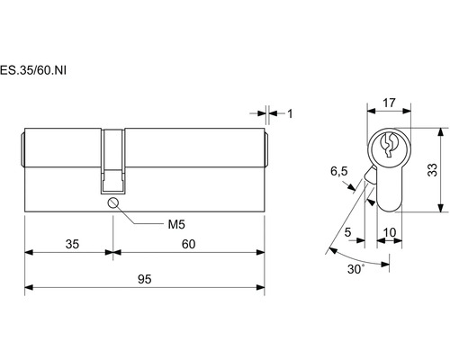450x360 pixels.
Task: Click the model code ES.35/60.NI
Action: point(33,70)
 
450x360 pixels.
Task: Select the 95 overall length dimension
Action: point(145,279)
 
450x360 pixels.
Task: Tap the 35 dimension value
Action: point(72,244)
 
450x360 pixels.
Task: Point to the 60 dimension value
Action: point(189,244)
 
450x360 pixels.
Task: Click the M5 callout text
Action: point(176,224)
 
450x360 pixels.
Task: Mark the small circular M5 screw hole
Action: point(113,203)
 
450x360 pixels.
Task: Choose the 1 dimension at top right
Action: point(290,113)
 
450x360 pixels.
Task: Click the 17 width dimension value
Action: point(389,103)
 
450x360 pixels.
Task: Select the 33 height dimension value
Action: point(432,170)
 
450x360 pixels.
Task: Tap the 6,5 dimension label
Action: point(339,171)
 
